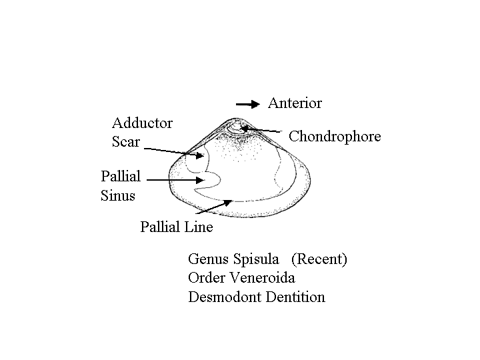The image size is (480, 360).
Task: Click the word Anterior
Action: tap(295, 103)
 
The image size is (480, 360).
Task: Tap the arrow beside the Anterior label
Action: tap(247, 105)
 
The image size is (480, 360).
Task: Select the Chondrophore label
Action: tap(335, 137)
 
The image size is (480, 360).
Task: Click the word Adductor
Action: tap(143, 123)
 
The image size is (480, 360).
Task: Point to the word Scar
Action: tap(126, 142)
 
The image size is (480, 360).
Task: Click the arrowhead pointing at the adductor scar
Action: tap(200, 155)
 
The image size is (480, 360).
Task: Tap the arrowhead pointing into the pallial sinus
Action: tap(200, 180)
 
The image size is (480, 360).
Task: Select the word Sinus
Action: tap(118, 195)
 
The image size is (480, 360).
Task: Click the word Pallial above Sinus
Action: tap(121, 176)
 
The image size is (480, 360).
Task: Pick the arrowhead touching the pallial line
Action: tap(228, 203)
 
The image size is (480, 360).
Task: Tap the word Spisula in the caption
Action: tap(257, 259)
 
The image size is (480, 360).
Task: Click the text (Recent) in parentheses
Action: tap(319, 259)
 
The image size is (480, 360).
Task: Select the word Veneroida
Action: tap(263, 278)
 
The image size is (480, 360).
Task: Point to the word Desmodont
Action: tap(225, 297)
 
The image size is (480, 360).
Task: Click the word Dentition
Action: tap(295, 297)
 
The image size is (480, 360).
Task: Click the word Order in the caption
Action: tap(207, 278)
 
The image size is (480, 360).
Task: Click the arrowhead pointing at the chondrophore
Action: tap(245, 128)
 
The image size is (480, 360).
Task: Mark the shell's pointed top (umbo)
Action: tap(235, 119)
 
